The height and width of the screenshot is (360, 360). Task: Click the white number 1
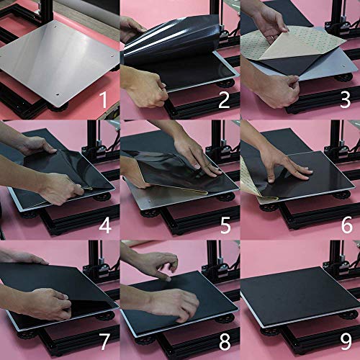pos(103,99)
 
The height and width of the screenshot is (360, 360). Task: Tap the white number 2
pos(224,100)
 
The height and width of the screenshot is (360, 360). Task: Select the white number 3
pos(346,100)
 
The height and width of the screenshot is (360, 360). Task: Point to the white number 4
pos(105,225)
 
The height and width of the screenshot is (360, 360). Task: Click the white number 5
pos(225,225)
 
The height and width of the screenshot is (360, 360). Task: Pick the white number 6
pos(347,225)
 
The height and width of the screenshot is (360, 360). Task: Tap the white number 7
pos(104,341)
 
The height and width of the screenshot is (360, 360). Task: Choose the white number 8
pos(225,341)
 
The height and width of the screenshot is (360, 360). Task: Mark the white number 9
pos(346,341)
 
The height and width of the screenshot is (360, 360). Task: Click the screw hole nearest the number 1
pos(58,94)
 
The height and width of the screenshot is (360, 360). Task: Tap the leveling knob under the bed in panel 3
pos(344,77)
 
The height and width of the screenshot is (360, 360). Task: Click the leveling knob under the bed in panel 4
pos(102,197)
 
